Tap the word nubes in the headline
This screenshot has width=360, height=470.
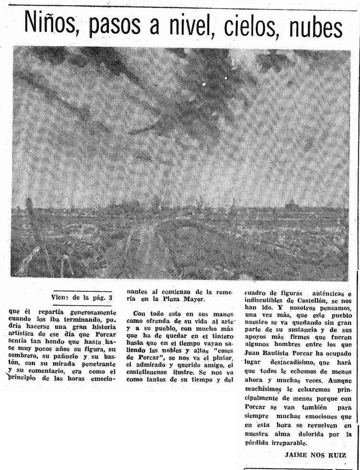point(315,28)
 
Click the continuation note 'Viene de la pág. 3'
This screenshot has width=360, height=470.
point(82,298)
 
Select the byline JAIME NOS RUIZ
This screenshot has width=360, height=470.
point(315,455)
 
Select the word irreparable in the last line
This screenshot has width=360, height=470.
point(288,442)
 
